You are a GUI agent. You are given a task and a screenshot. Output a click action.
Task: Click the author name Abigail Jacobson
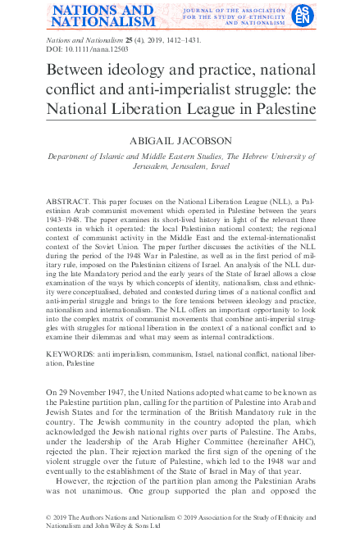(180, 141)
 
